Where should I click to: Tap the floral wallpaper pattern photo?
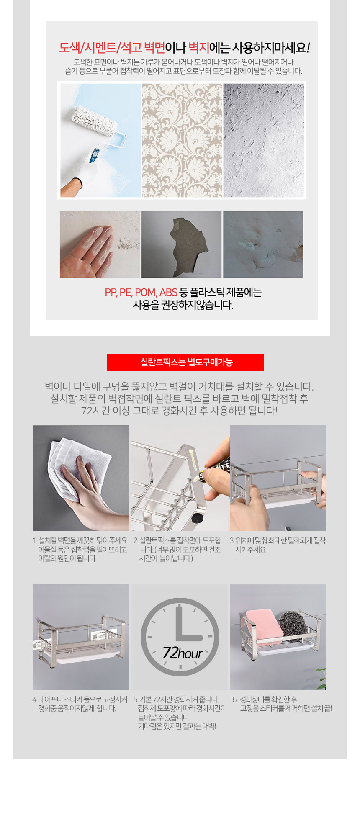[182, 140]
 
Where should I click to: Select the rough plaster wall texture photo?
[264, 140]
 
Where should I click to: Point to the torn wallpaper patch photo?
[181, 244]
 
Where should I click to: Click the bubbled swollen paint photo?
[263, 244]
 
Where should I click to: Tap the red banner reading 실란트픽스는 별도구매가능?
[185, 363]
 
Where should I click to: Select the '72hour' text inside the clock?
[183, 653]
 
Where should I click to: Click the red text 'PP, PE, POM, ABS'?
[141, 293]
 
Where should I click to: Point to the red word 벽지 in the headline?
[198, 48]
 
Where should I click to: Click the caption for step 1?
[80, 549]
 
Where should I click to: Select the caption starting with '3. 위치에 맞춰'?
[278, 545]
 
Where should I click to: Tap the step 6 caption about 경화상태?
[282, 704]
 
